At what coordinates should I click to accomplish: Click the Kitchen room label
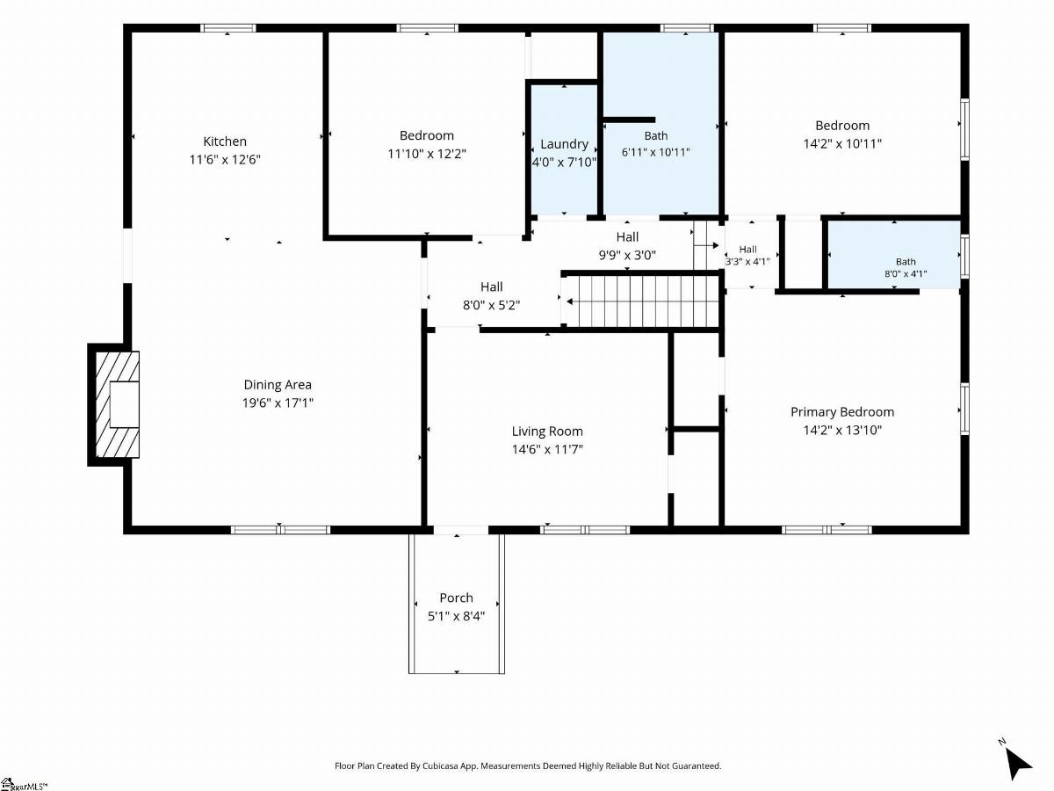[225, 142]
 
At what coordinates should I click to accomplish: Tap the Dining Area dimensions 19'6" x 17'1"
[278, 403]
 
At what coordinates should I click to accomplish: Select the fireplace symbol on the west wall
[114, 404]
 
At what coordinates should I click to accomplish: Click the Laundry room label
[564, 144]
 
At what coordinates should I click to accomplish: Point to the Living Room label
[547, 432]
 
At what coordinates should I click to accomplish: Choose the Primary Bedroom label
[842, 412]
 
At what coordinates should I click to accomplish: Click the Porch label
[456, 598]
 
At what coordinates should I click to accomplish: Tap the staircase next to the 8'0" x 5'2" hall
[641, 301]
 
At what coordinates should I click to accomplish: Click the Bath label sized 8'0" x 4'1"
[906, 262]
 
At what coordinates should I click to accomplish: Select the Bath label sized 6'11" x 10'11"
[656, 136]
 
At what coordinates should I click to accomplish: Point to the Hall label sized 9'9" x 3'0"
[627, 236]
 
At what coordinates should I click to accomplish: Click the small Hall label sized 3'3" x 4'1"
[747, 250]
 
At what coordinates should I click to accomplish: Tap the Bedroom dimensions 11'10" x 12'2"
[427, 154]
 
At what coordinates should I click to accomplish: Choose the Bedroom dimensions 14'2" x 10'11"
[842, 143]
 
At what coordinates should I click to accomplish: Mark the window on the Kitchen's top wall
[227, 28]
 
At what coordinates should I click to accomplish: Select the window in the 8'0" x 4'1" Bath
[964, 256]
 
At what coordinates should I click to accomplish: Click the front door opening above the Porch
[461, 530]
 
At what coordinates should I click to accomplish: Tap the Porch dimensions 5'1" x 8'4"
[456, 616]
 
